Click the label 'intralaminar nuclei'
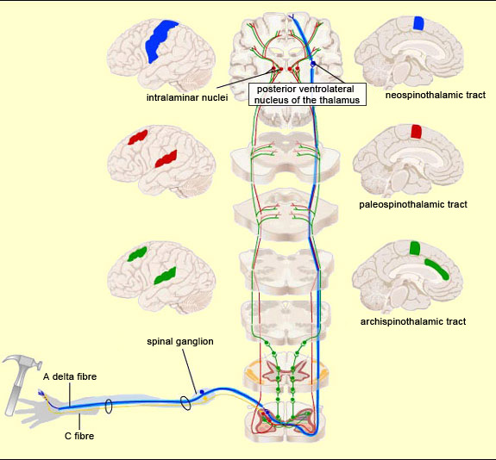click(181, 97)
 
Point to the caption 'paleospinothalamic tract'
click(412, 204)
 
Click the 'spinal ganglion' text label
click(179, 341)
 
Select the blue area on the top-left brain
click(159, 40)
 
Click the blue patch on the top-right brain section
click(418, 23)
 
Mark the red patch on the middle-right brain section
click(416, 131)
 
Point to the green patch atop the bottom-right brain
click(415, 248)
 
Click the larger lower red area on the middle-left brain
click(165, 159)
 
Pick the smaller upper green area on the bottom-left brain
click(135, 255)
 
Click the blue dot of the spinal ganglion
click(203, 392)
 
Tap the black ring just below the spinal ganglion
click(185, 401)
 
